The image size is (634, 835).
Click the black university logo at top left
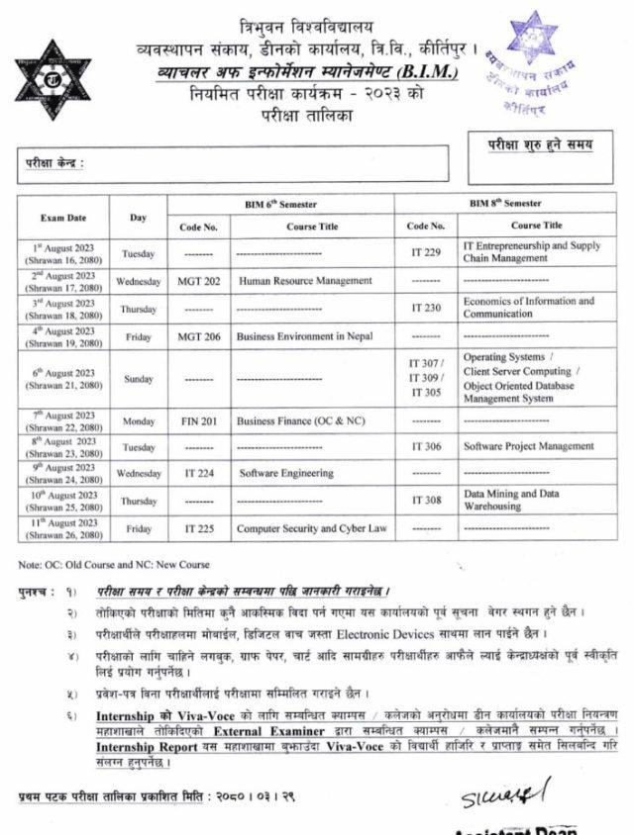[53, 80]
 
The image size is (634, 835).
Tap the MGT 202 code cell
[198, 281]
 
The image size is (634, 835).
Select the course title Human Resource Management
[305, 281]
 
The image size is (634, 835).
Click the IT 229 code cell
[426, 252]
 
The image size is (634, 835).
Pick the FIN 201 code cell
[198, 420]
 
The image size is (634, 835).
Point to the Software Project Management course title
[528, 446]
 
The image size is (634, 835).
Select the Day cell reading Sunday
[138, 378]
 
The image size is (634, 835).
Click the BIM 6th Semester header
[280, 204]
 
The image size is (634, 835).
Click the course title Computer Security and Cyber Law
[311, 529]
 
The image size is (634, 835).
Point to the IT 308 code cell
[426, 501]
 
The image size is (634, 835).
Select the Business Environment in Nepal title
[304, 336]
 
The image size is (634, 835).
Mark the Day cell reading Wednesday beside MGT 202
[138, 281]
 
